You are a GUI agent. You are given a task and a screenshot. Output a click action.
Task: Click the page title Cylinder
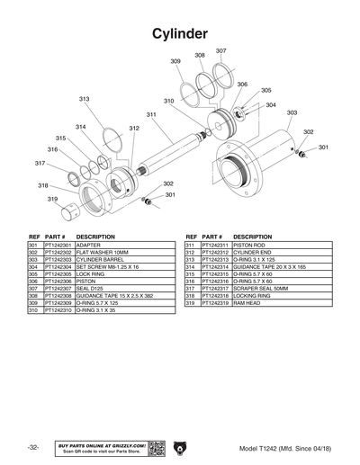[x=180, y=33]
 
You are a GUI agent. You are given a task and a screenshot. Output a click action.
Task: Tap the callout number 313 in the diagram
[x=84, y=99]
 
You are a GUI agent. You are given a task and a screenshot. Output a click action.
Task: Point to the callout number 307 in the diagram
[x=220, y=51]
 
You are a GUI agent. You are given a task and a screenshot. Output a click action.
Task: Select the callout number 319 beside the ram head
[x=53, y=199]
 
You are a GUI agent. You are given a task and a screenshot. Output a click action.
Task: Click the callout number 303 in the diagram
[x=292, y=112]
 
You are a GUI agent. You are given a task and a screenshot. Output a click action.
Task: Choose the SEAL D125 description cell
[x=94, y=288]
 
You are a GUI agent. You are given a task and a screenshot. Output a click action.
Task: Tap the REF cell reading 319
[x=191, y=302]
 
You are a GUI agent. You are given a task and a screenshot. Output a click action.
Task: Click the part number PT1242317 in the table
[x=215, y=288]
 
